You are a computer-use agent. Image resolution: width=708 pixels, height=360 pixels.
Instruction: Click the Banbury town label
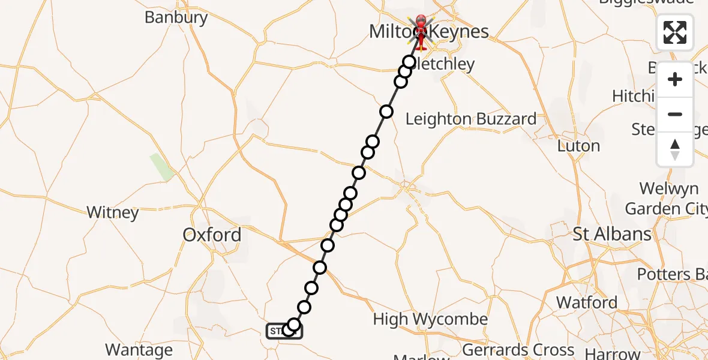point(176,17)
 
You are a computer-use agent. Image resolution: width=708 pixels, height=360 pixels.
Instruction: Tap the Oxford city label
point(212,235)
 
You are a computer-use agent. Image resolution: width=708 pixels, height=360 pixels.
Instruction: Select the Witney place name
point(113,212)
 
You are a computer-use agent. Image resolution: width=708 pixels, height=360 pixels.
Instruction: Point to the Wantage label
point(139,350)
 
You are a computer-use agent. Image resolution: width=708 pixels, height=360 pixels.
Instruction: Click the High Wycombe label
point(430,319)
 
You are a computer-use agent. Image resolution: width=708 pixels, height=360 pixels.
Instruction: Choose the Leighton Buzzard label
point(470,119)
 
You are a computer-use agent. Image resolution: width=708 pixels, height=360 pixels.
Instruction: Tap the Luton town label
point(578,146)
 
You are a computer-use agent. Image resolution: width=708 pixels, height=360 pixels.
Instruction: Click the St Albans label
point(612,234)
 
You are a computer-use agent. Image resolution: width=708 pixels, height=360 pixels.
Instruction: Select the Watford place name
point(587,302)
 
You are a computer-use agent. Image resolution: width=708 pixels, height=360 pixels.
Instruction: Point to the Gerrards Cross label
point(519,349)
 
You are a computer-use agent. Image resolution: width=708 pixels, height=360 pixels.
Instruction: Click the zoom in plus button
point(675,80)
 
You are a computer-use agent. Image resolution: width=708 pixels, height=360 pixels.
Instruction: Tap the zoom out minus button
point(675,114)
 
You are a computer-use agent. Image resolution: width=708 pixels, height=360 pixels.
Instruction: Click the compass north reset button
point(675,149)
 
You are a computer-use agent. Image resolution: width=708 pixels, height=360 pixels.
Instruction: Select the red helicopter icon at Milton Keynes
point(421,31)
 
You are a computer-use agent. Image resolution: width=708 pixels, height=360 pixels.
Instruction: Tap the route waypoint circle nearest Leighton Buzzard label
point(386,112)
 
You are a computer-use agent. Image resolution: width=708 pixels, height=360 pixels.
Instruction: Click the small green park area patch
point(161,167)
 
